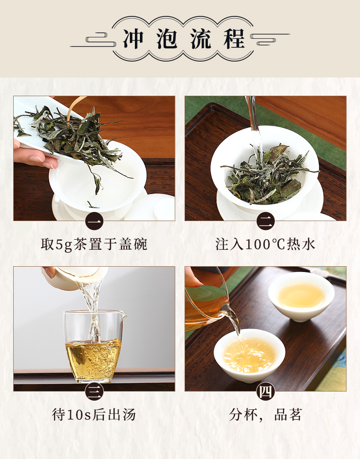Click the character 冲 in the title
(133, 38)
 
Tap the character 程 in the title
(234, 38)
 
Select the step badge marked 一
(94, 222)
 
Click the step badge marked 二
(266, 222)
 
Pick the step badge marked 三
(94, 392)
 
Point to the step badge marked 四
(266, 392)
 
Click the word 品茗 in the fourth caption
(288, 415)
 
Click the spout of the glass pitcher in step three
(124, 315)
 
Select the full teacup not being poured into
(301, 296)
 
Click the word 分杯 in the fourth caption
(242, 415)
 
